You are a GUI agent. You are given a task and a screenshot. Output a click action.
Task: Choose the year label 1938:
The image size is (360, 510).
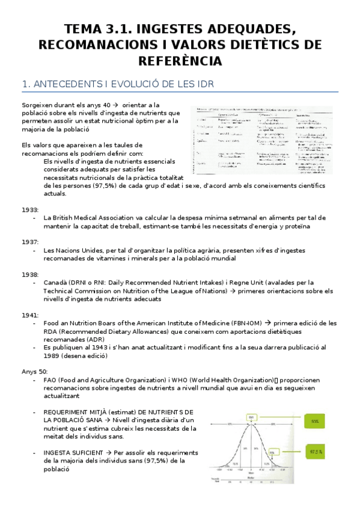tap(30, 274)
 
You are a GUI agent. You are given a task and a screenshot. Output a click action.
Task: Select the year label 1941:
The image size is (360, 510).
tap(30, 315)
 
